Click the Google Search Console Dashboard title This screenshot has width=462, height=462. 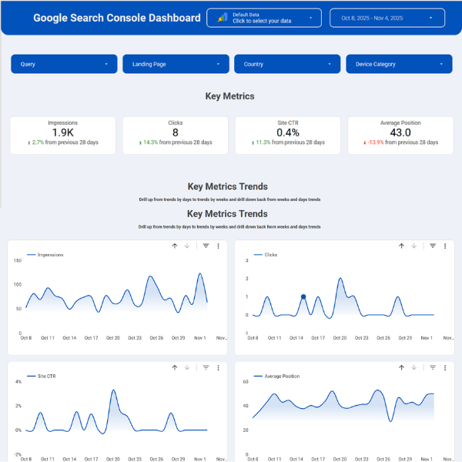pos(116,18)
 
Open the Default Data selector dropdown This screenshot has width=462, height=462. pos(264,18)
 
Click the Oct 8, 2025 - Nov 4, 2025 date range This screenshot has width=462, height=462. pos(387,18)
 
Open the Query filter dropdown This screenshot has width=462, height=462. pos(64,64)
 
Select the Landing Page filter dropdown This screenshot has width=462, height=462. pos(176,64)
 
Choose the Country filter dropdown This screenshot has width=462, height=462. pos(287,64)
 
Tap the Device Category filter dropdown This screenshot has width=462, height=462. pos(399,64)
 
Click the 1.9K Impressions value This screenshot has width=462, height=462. pos(63,132)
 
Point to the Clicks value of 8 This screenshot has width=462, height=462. pos(176,132)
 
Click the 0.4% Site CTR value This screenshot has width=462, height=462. pos(287,132)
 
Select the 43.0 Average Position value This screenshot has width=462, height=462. pos(400,132)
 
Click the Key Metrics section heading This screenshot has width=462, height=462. pos(229,96)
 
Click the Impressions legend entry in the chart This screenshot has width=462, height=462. pos(50,255)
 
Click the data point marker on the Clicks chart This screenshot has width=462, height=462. pos(303,296)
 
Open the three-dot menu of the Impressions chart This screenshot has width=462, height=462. pos(219,246)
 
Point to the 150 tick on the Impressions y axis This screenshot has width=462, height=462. pos(17,260)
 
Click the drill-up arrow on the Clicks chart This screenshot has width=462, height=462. pos(401,246)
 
